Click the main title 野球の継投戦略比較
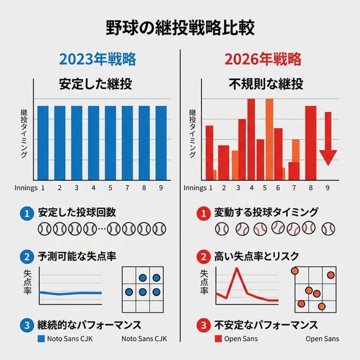point(180,28)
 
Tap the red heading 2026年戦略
point(263,59)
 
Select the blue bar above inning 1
point(43,143)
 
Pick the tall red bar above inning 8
point(311,143)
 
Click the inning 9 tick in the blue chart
point(161,188)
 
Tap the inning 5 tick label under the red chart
point(265,188)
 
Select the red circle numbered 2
point(204,257)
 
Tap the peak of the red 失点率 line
point(234,269)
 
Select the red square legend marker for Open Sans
point(218,339)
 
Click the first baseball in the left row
point(45,229)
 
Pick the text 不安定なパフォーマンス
point(266,325)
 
